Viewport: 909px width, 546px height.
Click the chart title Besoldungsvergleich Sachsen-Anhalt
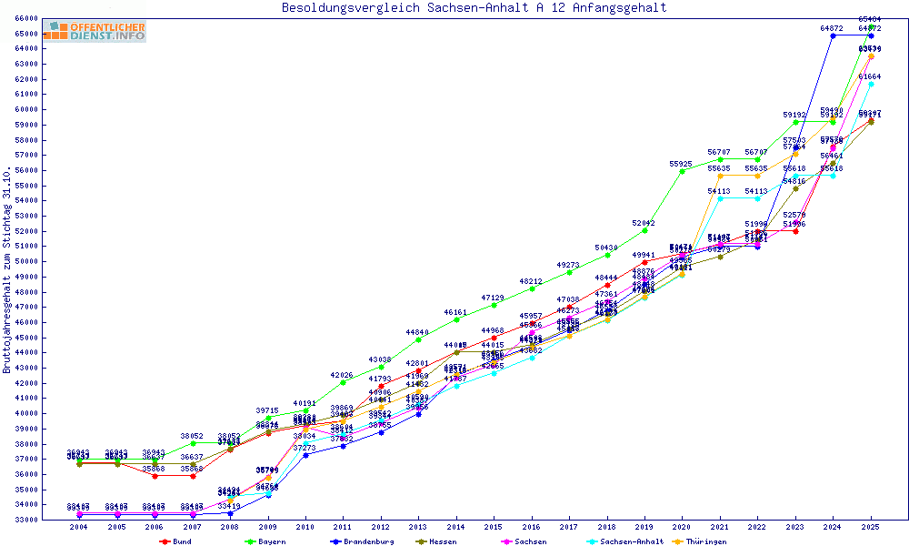tap(474, 8)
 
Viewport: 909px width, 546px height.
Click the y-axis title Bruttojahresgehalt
tap(8, 269)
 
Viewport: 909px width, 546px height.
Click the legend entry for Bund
tap(178, 541)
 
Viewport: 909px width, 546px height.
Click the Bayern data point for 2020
tap(683, 171)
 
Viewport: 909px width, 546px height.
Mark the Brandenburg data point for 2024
tap(834, 35)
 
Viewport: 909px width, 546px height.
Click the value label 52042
tap(644, 223)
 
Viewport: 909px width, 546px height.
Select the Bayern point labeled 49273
tap(569, 272)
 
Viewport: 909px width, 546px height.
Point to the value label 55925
tap(682, 164)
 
